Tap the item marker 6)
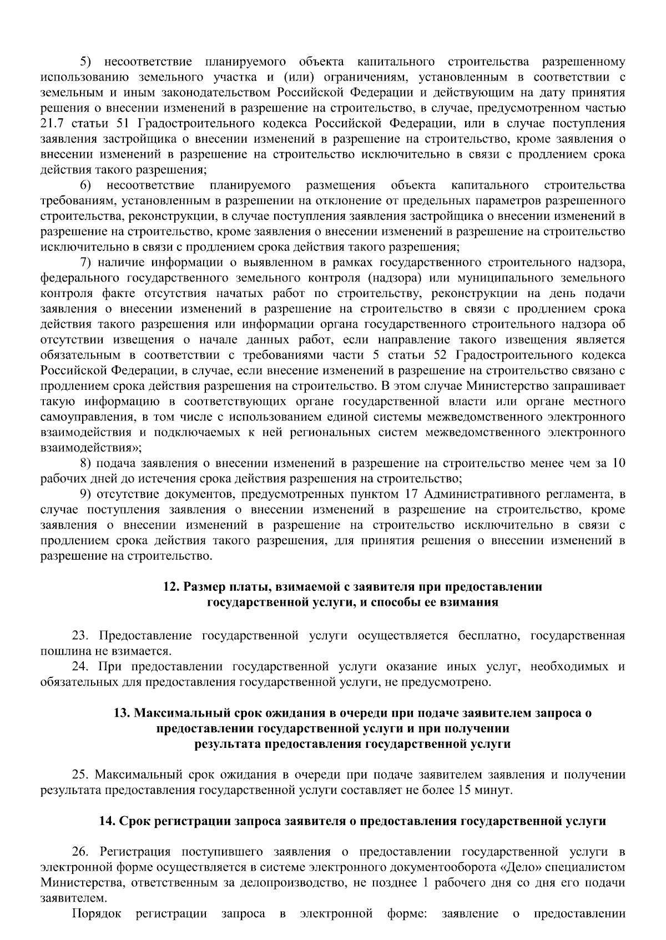coord(86,185)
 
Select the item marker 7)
coord(86,262)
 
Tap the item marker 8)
coord(86,463)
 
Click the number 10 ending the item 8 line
coord(618,463)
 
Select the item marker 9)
coord(86,494)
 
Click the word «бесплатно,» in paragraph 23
coord(489,635)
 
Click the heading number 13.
coord(122,713)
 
